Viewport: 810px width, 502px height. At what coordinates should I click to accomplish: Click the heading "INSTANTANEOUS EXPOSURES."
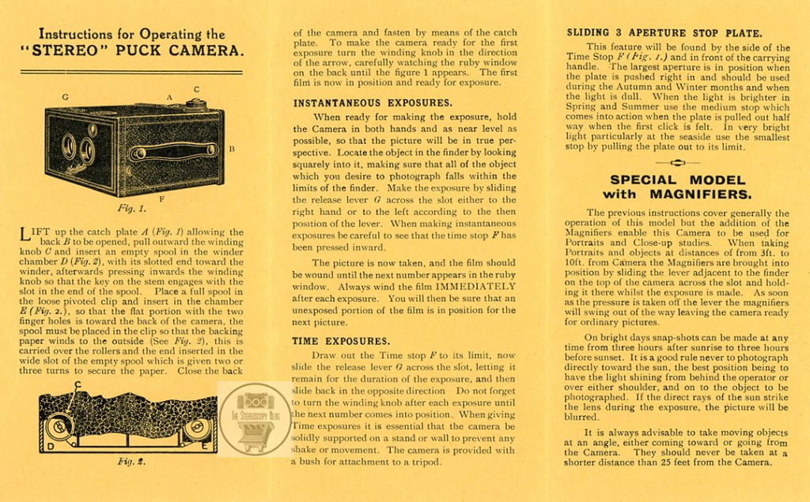(x=373, y=103)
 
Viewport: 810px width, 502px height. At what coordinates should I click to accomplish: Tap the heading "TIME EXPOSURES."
(x=342, y=342)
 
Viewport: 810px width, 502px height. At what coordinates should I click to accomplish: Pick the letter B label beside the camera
(x=232, y=148)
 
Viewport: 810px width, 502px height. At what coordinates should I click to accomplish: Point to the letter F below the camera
(x=161, y=198)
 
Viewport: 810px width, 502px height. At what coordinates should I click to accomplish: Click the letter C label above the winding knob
(x=195, y=89)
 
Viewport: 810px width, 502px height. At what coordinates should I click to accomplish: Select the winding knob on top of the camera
(x=195, y=102)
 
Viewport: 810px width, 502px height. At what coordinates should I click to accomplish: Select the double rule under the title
(x=131, y=73)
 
